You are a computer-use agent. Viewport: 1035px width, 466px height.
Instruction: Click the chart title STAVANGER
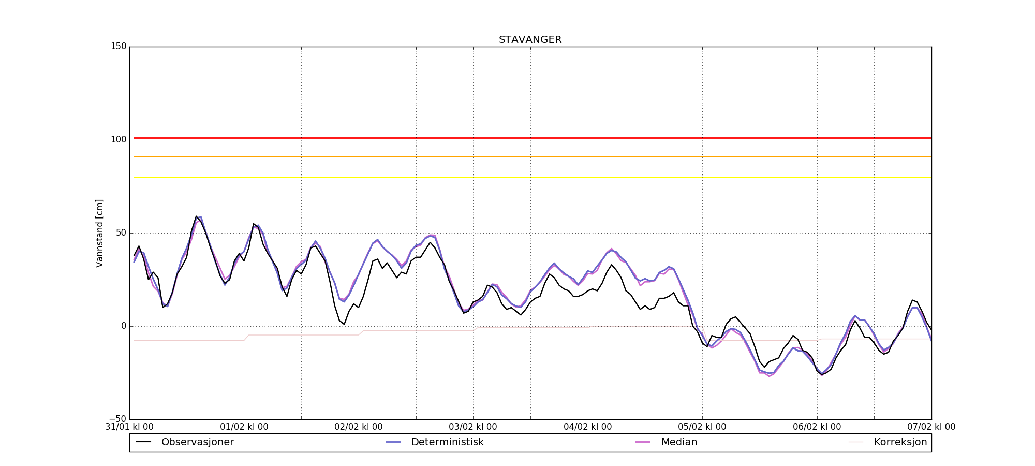tap(530, 40)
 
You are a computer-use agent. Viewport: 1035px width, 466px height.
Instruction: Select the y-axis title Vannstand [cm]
tap(99, 233)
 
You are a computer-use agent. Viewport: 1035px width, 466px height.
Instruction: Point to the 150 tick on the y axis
tap(119, 47)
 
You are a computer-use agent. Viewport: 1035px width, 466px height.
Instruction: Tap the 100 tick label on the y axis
tap(119, 140)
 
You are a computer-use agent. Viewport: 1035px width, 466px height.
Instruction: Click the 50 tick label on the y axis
tap(121, 233)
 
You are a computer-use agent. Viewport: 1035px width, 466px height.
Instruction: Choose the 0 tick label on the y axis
tap(123, 326)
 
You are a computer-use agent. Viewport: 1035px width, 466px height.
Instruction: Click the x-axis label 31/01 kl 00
tap(129, 427)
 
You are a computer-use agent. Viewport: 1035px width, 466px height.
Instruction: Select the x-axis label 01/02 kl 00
tap(244, 427)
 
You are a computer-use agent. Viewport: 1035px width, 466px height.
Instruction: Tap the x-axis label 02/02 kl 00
tap(359, 427)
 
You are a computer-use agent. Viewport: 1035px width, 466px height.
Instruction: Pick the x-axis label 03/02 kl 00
tap(473, 427)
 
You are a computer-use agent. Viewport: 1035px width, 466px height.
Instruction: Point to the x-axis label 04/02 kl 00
tap(588, 427)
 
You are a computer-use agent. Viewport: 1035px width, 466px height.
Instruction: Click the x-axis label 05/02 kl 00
tap(702, 427)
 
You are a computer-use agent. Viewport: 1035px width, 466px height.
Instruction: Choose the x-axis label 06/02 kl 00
tap(817, 427)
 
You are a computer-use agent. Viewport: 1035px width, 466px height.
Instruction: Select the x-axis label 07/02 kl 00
tap(931, 427)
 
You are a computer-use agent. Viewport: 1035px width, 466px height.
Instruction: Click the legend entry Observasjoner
tap(197, 442)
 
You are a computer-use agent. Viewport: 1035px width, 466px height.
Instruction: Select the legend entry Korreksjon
tap(900, 442)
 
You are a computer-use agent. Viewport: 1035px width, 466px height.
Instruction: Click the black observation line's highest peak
tap(196, 216)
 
